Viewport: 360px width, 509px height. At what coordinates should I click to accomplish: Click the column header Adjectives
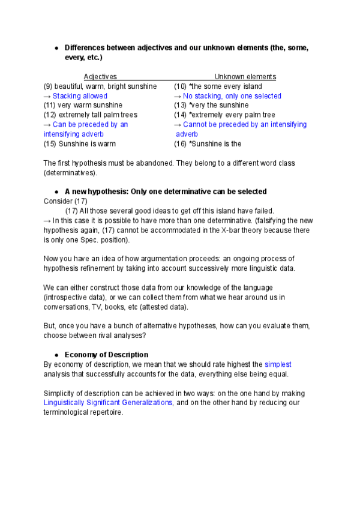(x=100, y=77)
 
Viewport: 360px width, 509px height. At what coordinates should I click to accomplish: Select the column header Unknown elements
(x=245, y=77)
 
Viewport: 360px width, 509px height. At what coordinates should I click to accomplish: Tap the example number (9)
(x=49, y=86)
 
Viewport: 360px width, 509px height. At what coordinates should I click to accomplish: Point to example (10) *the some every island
(x=218, y=86)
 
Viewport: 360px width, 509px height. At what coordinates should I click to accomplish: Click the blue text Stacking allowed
(x=80, y=96)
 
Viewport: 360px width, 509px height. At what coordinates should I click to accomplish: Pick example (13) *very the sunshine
(x=211, y=105)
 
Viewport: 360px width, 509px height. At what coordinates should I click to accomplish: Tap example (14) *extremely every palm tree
(x=224, y=115)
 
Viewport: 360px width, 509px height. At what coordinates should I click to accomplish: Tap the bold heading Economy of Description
(x=106, y=355)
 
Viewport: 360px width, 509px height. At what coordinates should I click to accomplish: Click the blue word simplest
(x=278, y=364)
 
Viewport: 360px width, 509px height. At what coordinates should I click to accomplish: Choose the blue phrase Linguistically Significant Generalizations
(x=108, y=403)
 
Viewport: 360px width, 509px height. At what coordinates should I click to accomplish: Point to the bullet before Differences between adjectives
(x=56, y=48)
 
